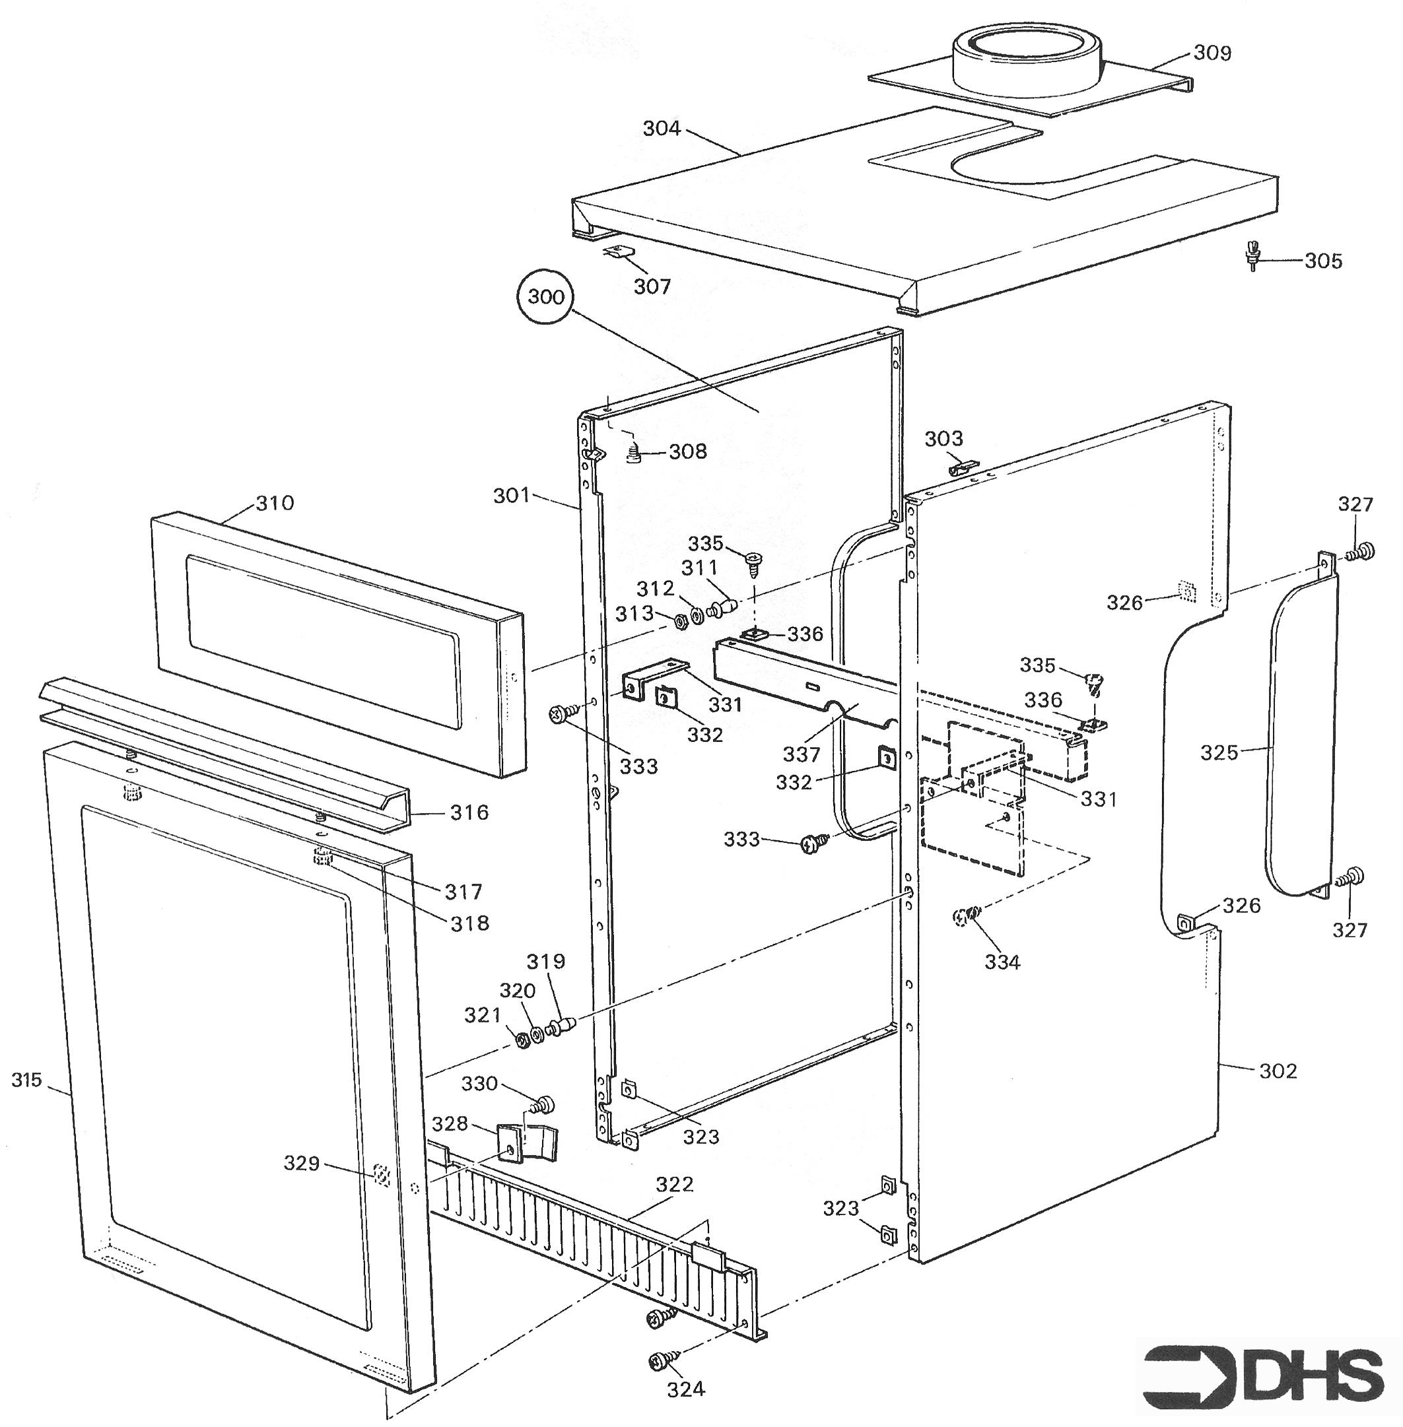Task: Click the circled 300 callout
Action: [546, 297]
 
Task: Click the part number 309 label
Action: [1212, 53]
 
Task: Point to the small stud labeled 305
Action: [1251, 255]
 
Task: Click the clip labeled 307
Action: [619, 252]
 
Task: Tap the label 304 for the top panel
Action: [662, 129]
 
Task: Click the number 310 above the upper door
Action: [275, 503]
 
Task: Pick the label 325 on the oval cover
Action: [1219, 752]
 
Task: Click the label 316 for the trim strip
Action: [469, 813]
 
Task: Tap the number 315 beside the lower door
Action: [27, 1080]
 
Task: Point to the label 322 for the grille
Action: [674, 1184]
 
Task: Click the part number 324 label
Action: [686, 1389]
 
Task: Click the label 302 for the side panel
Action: [1278, 1071]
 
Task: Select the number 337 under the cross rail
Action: [802, 754]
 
